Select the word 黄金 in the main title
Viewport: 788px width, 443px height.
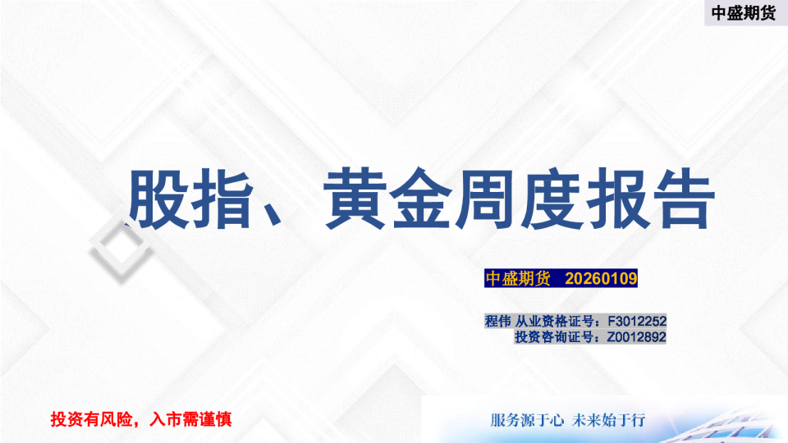(x=386, y=200)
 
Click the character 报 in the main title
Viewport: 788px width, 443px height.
(x=615, y=200)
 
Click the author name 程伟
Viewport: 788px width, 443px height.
(x=497, y=321)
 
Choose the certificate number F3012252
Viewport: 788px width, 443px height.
(x=636, y=321)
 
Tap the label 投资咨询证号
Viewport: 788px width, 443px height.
(x=553, y=336)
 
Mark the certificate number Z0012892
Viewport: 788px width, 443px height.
(x=636, y=336)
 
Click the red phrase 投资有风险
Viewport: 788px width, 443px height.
(x=92, y=419)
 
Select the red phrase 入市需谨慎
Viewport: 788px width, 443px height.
(x=191, y=419)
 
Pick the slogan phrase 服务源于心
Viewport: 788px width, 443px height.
(x=527, y=420)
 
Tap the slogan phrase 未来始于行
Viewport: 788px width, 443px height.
(x=609, y=420)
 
